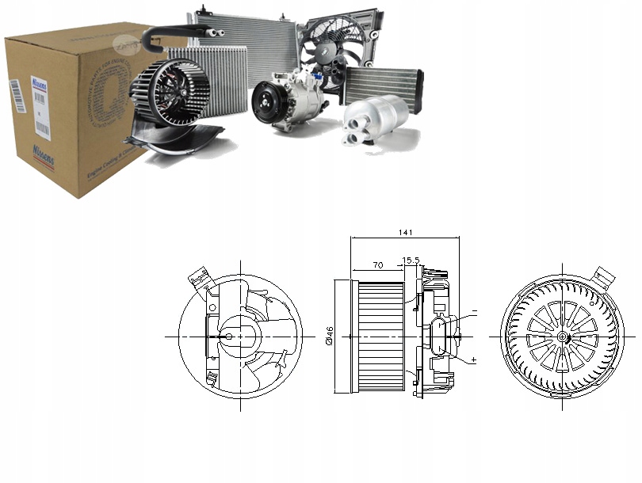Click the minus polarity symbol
474,312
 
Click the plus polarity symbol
474,359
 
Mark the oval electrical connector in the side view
441,336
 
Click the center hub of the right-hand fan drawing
563,336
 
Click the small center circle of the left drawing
229,336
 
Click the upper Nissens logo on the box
39,83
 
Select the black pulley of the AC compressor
265,103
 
